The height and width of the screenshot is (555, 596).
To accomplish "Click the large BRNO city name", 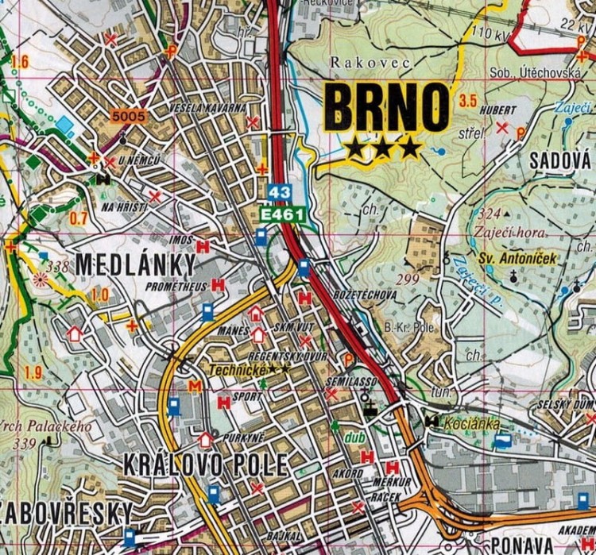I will tap(387, 109).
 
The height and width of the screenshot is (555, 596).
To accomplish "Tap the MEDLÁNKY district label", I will tap(135, 264).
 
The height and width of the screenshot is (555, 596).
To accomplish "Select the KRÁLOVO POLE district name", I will tap(204, 465).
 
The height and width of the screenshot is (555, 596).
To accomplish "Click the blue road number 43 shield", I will tap(279, 193).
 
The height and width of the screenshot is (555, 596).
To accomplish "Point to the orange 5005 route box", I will tap(130, 117).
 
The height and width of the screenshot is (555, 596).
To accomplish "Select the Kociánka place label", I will tap(473, 424).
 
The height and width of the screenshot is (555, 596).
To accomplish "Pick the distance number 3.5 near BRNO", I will tap(468, 101).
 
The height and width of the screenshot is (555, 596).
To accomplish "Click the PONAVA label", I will tap(521, 545).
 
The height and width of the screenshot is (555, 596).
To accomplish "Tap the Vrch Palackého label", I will tap(45, 426).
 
